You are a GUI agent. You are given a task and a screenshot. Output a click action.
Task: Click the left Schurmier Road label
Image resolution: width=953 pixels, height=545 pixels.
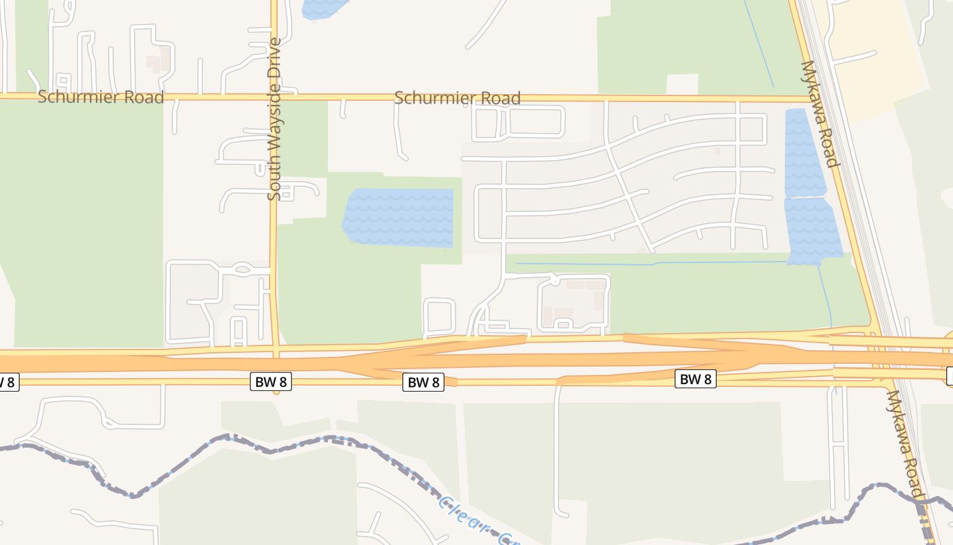101,97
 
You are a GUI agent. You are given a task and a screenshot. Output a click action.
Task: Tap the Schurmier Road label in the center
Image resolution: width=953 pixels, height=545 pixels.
457,98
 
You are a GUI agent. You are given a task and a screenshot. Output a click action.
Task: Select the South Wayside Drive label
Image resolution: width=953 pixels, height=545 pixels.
274,119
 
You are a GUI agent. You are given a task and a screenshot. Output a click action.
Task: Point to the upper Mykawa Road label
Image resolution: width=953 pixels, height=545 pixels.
819,114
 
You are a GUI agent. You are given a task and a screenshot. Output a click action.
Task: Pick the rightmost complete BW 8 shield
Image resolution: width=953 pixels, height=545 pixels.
696,379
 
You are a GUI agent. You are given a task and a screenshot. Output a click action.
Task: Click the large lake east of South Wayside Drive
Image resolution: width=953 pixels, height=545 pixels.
399,217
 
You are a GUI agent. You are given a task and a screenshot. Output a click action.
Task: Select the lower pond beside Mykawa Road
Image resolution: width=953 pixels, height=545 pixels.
813,230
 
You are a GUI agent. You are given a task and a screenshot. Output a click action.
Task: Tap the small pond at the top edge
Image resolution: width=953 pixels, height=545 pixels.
323,8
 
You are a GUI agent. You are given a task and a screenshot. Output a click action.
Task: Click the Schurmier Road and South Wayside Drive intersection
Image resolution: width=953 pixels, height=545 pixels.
274,97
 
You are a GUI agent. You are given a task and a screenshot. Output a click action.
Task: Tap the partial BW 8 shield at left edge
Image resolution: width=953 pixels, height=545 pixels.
7,382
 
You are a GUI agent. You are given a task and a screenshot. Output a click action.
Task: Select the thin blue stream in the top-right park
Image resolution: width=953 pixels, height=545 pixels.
759,44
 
